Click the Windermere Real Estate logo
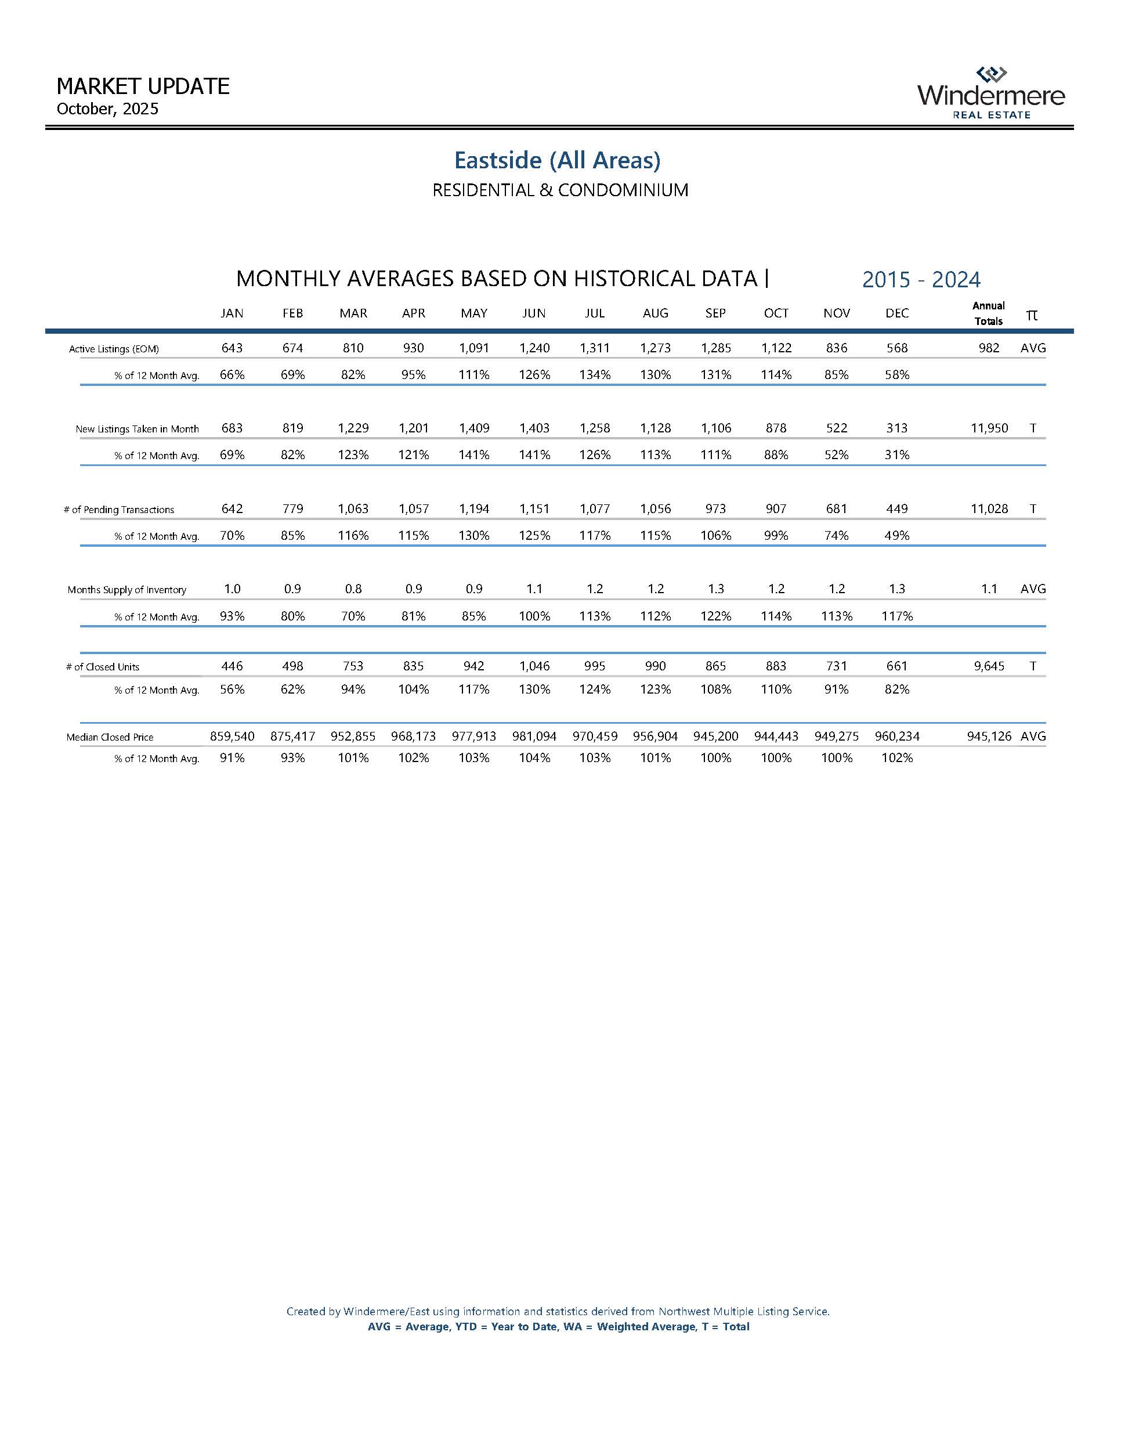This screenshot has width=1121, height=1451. (991, 93)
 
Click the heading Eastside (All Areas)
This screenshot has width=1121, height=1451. (557, 160)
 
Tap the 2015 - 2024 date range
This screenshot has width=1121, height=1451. (921, 280)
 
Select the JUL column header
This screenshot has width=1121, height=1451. (594, 313)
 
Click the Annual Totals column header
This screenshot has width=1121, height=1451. (988, 313)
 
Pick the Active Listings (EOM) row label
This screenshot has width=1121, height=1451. (114, 349)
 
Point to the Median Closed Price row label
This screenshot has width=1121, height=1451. (110, 737)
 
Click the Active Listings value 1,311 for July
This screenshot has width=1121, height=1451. (594, 348)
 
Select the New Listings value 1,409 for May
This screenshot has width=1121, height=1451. (473, 428)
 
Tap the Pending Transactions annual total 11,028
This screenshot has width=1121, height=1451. (989, 509)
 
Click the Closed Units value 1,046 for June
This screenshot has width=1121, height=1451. (534, 666)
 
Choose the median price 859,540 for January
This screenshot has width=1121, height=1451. (232, 737)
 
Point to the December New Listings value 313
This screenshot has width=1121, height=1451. (896, 428)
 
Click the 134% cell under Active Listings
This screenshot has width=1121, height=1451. (594, 375)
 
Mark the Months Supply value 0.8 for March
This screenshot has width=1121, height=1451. (353, 589)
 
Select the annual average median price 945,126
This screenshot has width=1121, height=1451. (989, 737)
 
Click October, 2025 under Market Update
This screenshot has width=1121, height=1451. (107, 109)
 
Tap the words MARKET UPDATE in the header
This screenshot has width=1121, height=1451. (143, 86)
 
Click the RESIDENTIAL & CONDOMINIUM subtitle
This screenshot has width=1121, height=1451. (560, 191)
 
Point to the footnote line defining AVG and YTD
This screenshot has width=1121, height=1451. (558, 1327)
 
